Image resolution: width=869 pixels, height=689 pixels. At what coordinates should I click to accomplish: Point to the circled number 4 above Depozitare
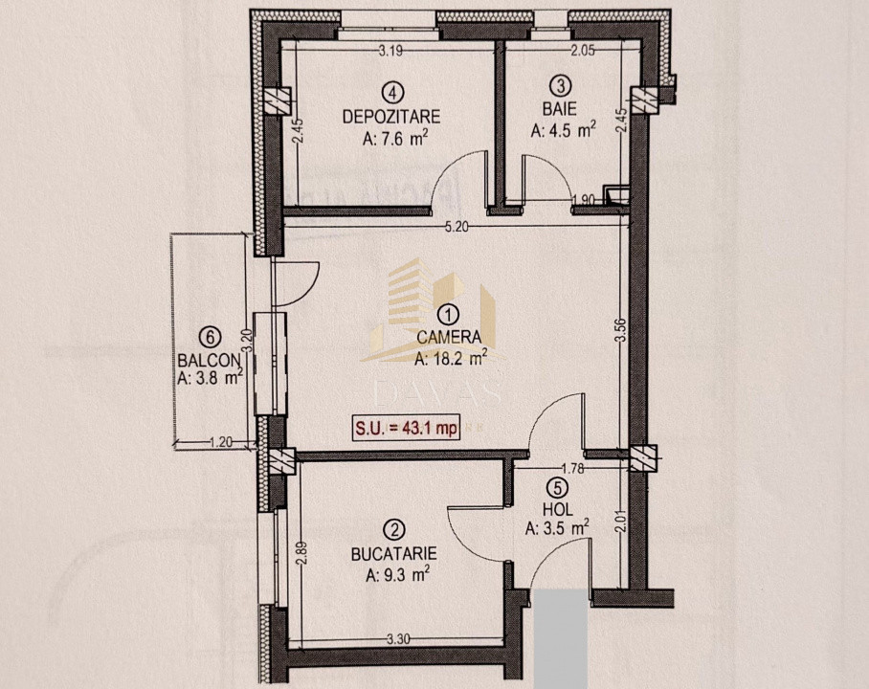tap(391, 93)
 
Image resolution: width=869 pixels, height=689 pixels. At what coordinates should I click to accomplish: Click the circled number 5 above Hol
tap(557, 486)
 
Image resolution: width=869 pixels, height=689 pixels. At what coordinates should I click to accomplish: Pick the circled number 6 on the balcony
tap(209, 336)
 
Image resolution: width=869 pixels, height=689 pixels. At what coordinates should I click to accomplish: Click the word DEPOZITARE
tap(391, 118)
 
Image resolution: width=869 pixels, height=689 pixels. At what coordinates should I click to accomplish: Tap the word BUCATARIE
tap(393, 553)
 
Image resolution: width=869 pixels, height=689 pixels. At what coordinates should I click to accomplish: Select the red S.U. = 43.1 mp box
tap(406, 430)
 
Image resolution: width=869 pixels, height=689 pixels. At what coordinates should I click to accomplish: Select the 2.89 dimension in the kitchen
tap(301, 555)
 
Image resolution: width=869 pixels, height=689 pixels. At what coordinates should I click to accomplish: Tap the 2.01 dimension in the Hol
tap(621, 522)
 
